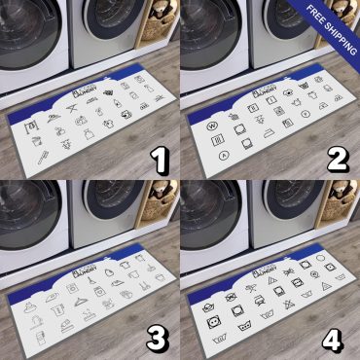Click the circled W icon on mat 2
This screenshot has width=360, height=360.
tap(208, 124)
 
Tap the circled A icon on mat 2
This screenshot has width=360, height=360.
tap(224, 153)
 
